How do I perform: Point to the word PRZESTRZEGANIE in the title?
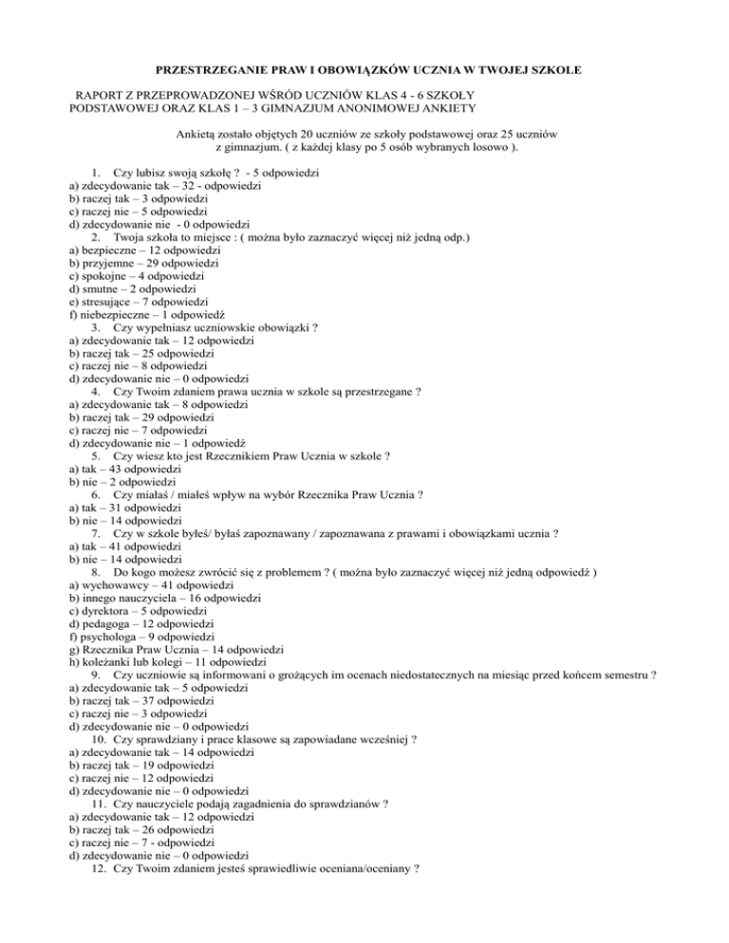(x=210, y=70)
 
